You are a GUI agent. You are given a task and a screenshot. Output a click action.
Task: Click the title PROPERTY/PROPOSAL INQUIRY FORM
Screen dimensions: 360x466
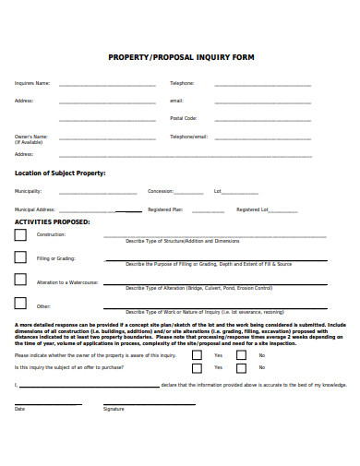182,57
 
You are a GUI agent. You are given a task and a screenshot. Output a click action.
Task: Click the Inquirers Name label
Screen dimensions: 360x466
32,83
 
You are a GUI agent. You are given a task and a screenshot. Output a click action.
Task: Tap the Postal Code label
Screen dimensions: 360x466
183,118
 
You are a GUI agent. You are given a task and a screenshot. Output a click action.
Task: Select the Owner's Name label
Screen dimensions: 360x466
31,136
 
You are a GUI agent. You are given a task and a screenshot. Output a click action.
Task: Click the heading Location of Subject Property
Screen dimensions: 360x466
60,173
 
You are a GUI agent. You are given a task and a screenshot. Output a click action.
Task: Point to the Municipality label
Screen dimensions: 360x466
28,191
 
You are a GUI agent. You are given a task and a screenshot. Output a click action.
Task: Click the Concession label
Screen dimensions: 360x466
161,191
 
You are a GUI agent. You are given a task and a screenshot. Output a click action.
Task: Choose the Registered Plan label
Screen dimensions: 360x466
165,209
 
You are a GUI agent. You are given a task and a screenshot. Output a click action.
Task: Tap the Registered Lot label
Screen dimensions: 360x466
252,209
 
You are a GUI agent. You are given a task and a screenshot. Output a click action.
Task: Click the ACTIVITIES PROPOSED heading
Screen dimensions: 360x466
53,222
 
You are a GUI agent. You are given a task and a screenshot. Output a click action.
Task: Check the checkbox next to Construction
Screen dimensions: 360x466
20,235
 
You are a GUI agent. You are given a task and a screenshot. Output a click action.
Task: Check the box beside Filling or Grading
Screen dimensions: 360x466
20,258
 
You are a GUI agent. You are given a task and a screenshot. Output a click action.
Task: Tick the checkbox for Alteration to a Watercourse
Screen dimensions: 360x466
20,281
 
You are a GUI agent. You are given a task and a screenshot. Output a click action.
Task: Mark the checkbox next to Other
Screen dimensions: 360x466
20,304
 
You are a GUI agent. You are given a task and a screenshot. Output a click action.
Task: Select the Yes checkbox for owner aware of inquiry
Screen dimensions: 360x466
198,354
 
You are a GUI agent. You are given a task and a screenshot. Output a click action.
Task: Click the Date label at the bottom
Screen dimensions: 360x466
19,408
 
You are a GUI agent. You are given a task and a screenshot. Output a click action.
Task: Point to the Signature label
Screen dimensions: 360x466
114,408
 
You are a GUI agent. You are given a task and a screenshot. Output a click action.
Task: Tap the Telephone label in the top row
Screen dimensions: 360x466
182,83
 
